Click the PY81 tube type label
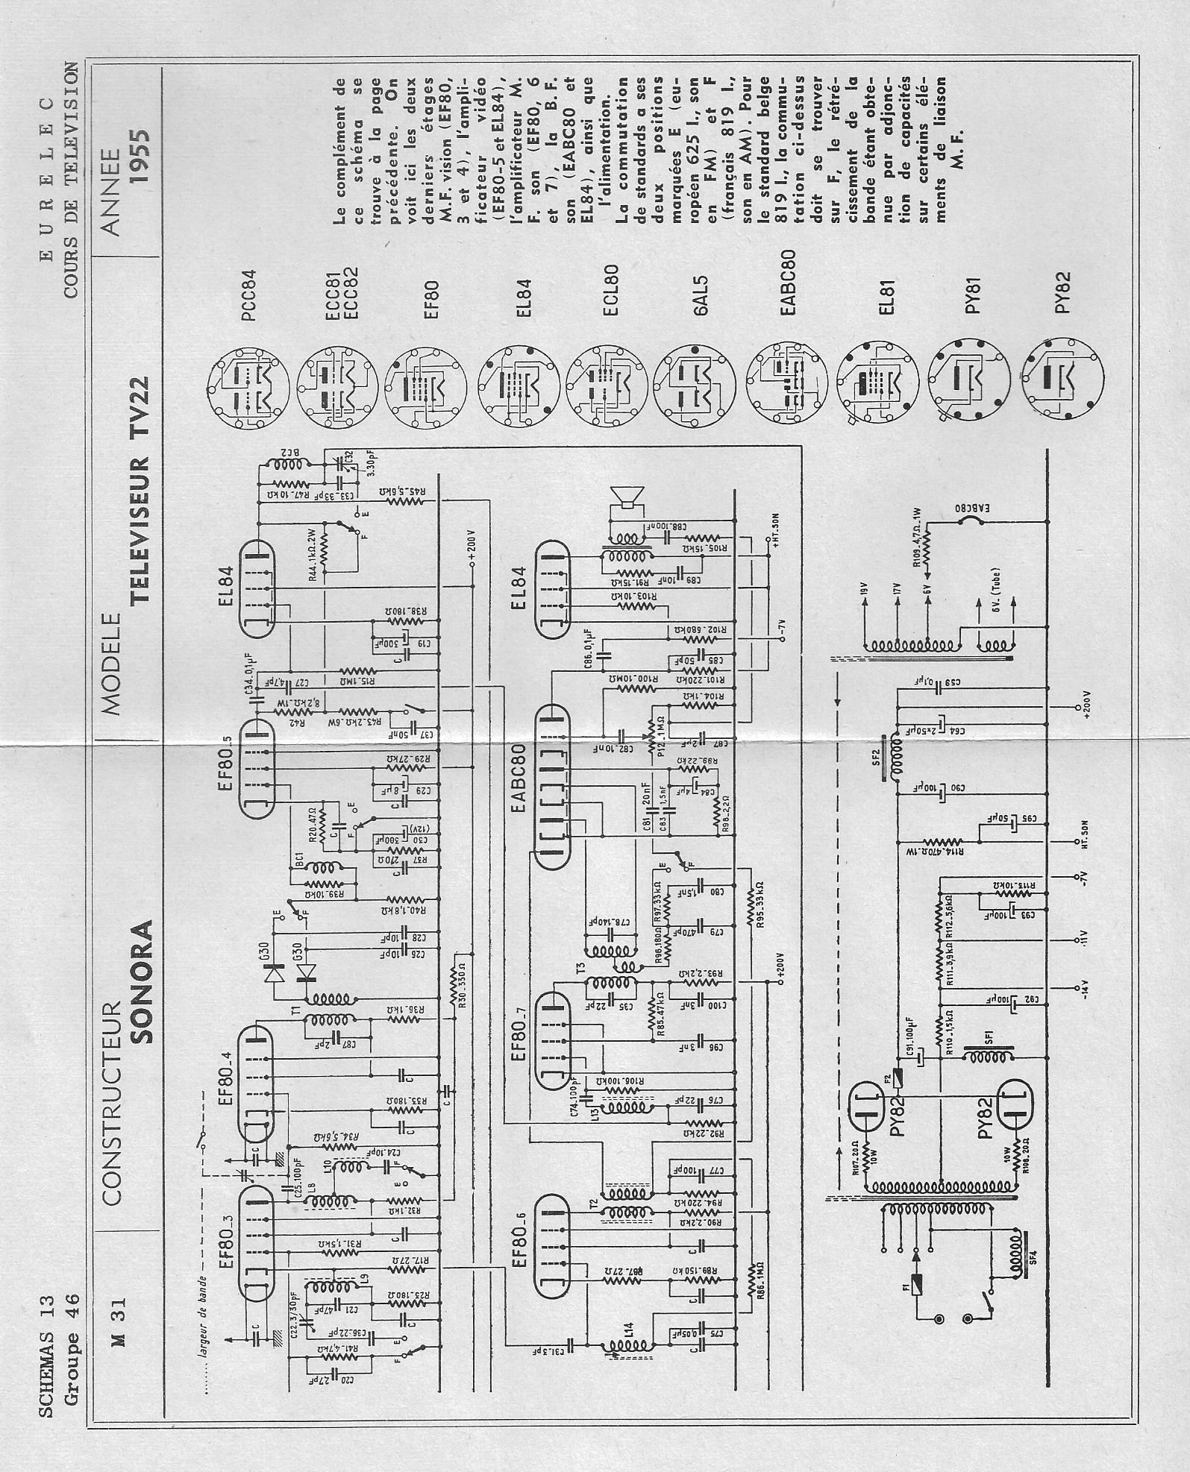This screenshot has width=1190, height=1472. (x=972, y=296)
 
